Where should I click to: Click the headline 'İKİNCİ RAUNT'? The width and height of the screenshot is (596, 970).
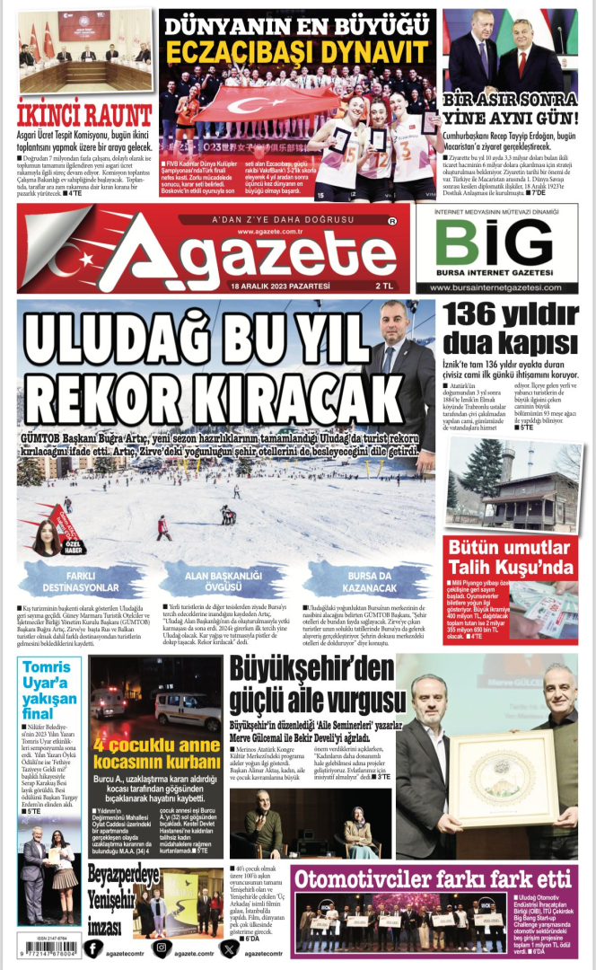[x=84, y=115]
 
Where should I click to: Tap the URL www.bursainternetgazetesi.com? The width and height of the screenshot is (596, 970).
[x=495, y=287]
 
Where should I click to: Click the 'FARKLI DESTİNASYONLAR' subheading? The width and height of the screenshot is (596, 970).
[x=68, y=581]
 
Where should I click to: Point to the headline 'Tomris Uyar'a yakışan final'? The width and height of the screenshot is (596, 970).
[x=48, y=692]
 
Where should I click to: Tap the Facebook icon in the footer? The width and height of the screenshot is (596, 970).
[x=93, y=948]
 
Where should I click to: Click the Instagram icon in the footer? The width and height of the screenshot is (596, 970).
[x=162, y=948]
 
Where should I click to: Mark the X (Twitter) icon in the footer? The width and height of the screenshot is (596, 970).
[x=230, y=948]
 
